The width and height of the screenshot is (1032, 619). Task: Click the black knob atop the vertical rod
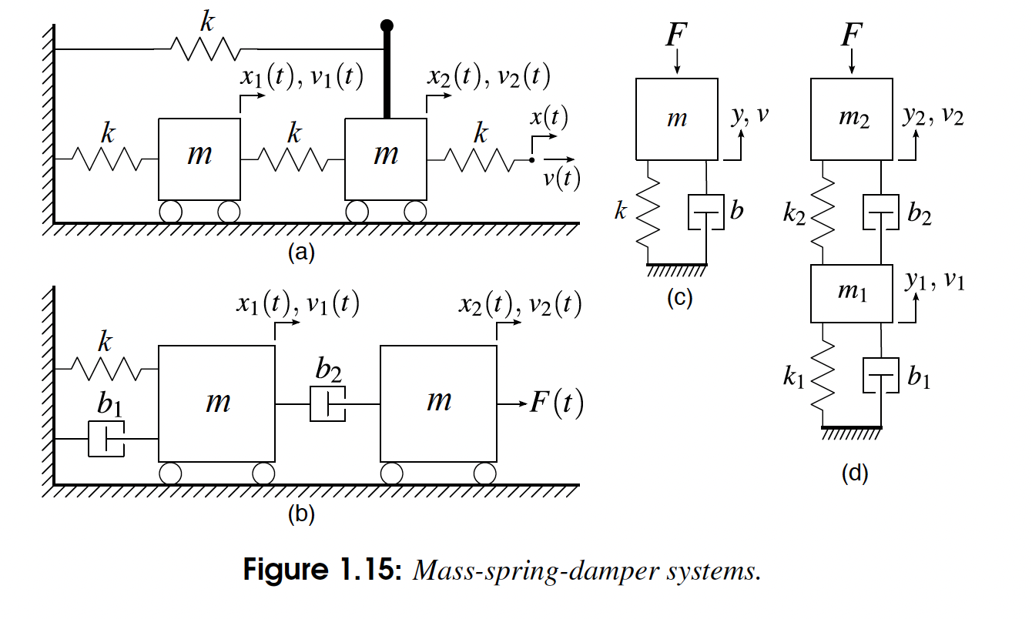click(x=387, y=26)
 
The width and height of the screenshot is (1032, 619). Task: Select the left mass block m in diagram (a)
click(x=199, y=158)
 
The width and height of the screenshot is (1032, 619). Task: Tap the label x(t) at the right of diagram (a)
click(x=548, y=118)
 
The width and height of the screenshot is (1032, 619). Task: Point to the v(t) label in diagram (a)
click(x=560, y=178)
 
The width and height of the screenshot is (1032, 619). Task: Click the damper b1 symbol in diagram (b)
click(x=106, y=439)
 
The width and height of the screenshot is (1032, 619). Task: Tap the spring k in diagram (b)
click(x=107, y=369)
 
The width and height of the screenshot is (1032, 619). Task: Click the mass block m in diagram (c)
click(x=677, y=118)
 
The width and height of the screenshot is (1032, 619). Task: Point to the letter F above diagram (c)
click(x=677, y=36)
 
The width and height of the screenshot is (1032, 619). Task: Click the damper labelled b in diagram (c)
click(x=706, y=212)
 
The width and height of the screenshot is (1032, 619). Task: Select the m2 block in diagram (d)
click(x=853, y=118)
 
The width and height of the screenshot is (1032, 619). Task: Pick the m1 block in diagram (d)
click(x=853, y=293)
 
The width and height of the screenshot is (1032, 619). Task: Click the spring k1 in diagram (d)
click(x=824, y=377)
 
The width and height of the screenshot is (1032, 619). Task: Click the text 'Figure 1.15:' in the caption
click(x=323, y=570)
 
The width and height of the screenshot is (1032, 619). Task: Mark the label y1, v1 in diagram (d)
click(x=934, y=283)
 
